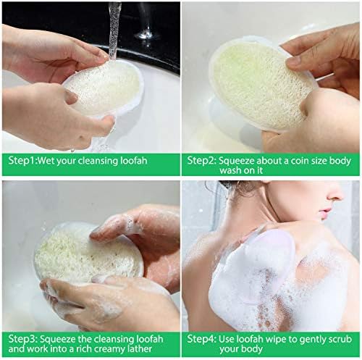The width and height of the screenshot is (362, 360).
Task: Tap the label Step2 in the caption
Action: click(201, 161)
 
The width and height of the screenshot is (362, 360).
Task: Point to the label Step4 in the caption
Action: click(201, 338)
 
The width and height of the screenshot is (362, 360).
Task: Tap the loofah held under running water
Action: click(101, 91)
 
